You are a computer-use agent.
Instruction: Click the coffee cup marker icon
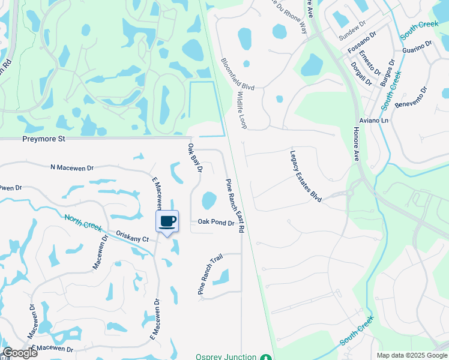(x=167, y=221)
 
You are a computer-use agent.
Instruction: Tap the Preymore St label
(x=43, y=139)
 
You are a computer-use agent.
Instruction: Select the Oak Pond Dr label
(x=215, y=222)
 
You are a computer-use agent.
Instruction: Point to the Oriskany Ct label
(x=132, y=238)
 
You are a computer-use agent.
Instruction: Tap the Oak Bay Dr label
(x=195, y=158)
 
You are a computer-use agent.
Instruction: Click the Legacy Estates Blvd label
(x=306, y=176)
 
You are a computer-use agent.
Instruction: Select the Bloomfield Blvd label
(x=237, y=74)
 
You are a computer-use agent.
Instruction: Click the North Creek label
(x=83, y=224)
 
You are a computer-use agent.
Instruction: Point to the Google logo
(x=20, y=353)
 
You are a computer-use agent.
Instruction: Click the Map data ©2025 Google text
(x=411, y=355)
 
